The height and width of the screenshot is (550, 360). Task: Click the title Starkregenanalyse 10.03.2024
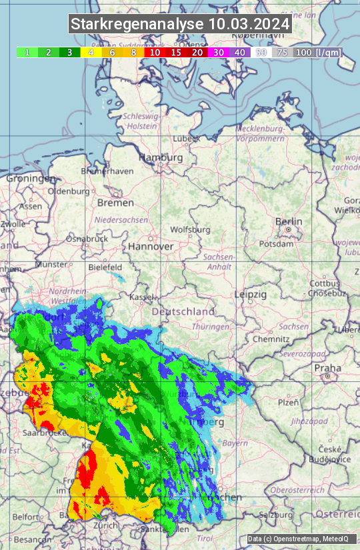tap(180, 25)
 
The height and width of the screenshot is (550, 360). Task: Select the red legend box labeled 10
tap(155, 52)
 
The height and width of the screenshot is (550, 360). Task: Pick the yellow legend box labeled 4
tap(90, 52)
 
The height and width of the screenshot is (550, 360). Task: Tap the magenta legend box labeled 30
tap(219, 52)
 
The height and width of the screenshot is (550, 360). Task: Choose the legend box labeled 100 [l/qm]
tap(317, 52)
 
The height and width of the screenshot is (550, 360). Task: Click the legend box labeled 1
tap(27, 52)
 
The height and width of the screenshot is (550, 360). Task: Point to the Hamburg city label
tap(160, 158)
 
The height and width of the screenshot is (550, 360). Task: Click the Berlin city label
tap(289, 221)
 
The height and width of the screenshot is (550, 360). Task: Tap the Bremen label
tap(115, 203)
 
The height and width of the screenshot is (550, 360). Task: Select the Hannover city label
tap(151, 246)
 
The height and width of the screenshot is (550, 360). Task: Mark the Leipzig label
tap(251, 294)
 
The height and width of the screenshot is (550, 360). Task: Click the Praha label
tap(327, 367)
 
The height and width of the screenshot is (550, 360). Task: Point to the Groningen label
tap(31, 179)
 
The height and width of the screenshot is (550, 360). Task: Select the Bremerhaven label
tap(107, 171)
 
